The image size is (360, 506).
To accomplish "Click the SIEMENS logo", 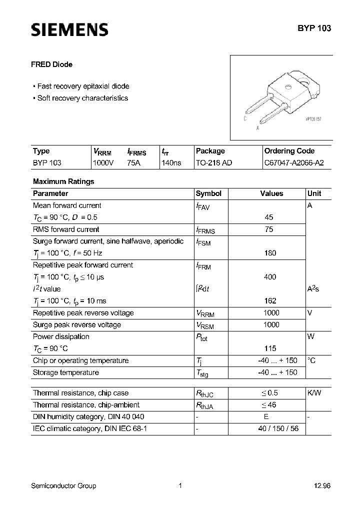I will tap(69, 30).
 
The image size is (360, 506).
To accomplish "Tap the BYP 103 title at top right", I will tap(314, 28).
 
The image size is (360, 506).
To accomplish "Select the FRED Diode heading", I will tap(52, 64).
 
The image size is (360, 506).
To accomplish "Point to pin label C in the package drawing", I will tap(245, 119).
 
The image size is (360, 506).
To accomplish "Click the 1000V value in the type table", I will tap(103, 163).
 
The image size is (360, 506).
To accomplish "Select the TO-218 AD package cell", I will tap(214, 163).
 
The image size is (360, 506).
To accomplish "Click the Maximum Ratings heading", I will tap(63, 181).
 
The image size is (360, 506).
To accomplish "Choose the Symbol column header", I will tap(208, 193).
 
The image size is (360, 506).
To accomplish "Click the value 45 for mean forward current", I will tap(269, 217).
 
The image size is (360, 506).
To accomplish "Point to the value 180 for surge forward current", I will tap(270, 253).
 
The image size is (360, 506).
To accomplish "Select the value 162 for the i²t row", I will tap(270, 301).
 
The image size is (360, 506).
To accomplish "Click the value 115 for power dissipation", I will tap(270, 348).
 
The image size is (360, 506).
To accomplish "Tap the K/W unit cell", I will tap(314, 393).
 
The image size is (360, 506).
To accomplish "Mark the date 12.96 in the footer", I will tap(322, 486).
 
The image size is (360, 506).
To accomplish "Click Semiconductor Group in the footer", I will tap(63, 486).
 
